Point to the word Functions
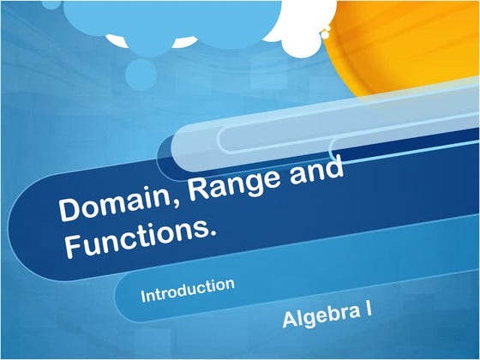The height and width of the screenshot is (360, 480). (x=137, y=236)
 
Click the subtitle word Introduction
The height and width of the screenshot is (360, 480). (x=188, y=289)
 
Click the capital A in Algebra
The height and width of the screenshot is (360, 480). (x=289, y=321)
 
